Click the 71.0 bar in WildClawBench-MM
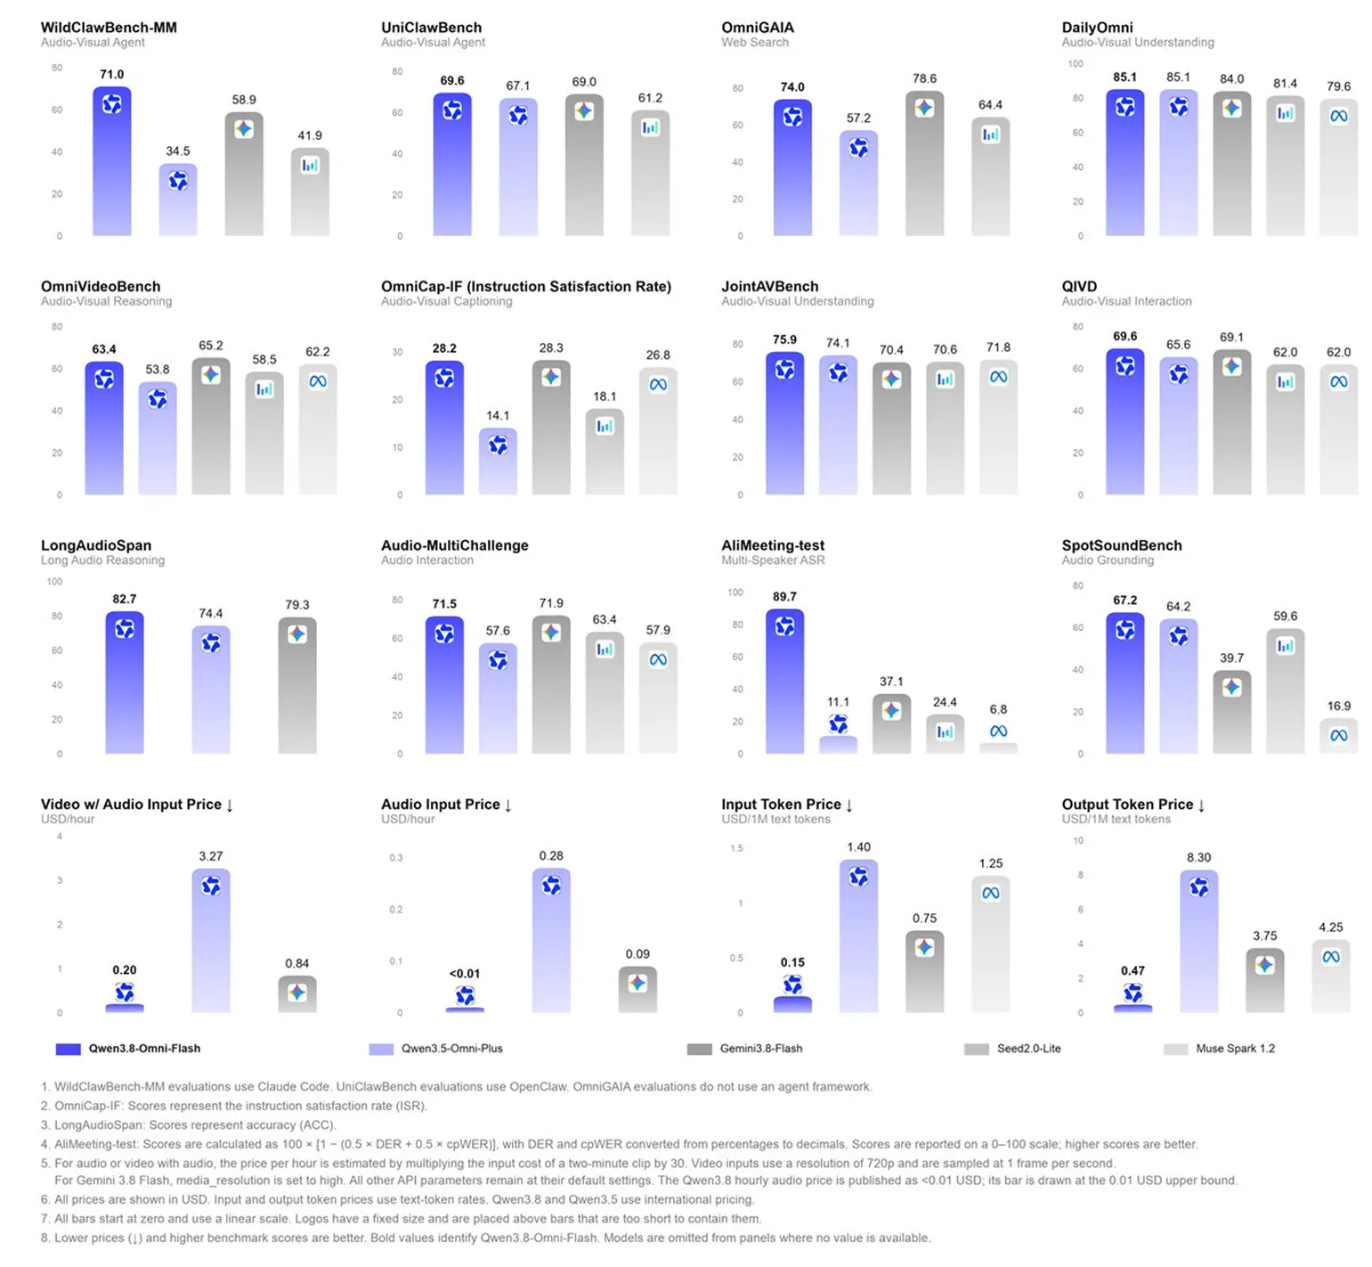[x=111, y=161]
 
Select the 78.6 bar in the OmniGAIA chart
[x=924, y=163]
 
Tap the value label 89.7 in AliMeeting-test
[x=784, y=597]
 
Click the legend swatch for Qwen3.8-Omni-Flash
[x=68, y=1049]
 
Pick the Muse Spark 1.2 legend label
[x=1235, y=1049]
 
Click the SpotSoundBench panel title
[x=1122, y=545]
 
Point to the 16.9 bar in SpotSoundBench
[x=1338, y=736]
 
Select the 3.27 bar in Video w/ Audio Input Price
[x=211, y=941]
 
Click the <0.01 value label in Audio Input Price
[x=464, y=974]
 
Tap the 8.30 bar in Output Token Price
[x=1198, y=942]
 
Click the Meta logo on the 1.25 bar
[x=990, y=893]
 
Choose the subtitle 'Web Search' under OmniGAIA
[x=755, y=42]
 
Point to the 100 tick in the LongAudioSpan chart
[x=54, y=582]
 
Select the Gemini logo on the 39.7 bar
[x=1231, y=687]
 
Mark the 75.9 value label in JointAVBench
[x=784, y=339]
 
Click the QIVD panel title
[x=1079, y=286]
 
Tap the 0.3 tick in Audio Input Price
[x=396, y=858]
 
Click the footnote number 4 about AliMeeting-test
[x=45, y=1144]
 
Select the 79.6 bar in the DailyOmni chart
[x=1338, y=168]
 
